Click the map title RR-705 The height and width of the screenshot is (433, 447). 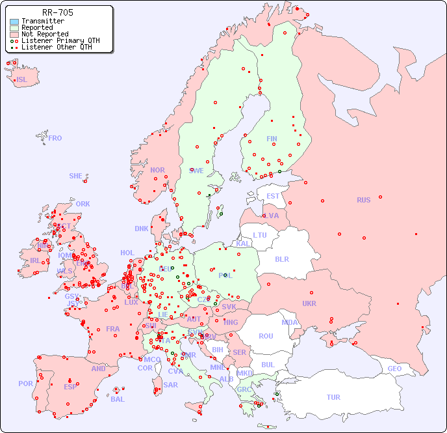click(x=57, y=12)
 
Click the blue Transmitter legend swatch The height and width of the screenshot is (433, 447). click(x=14, y=21)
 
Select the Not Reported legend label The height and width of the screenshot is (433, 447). click(x=45, y=35)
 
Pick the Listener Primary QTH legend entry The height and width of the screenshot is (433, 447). click(x=60, y=40)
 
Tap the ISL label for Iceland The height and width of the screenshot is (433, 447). click(x=22, y=80)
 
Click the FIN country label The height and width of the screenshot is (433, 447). click(x=272, y=139)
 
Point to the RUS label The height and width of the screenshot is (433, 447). click(x=363, y=200)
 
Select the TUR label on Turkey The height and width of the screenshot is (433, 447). click(x=333, y=397)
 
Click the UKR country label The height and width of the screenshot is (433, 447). click(x=309, y=303)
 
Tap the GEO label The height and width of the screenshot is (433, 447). click(x=394, y=369)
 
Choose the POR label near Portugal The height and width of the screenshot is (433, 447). click(x=25, y=384)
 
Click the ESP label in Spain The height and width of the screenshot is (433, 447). click(x=70, y=387)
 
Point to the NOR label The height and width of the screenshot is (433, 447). click(x=157, y=170)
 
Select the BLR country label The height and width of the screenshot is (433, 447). click(x=281, y=258)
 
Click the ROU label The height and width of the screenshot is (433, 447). click(x=266, y=336)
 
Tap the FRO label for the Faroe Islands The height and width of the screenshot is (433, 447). click(x=55, y=138)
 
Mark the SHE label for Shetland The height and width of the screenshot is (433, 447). click(x=76, y=176)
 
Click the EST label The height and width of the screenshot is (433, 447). click(x=273, y=196)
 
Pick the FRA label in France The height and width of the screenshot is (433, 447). click(x=113, y=329)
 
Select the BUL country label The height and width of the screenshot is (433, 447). click(x=268, y=365)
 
